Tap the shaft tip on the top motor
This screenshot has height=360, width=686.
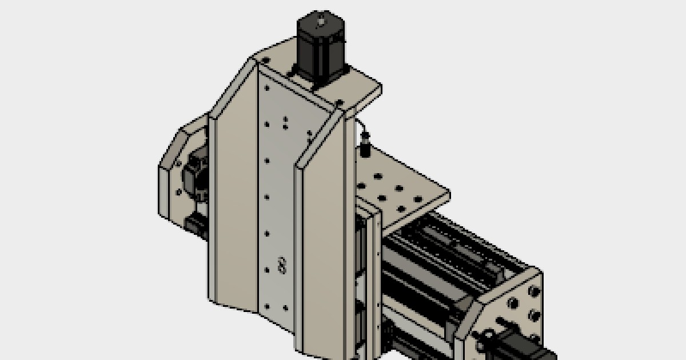click(321, 22)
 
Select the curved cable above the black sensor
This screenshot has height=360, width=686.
click(360, 125)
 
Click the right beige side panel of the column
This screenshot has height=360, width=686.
click(323, 240)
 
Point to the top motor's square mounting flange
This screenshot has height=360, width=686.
click(320, 74)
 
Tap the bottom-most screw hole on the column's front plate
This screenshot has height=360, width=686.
click(284, 309)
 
